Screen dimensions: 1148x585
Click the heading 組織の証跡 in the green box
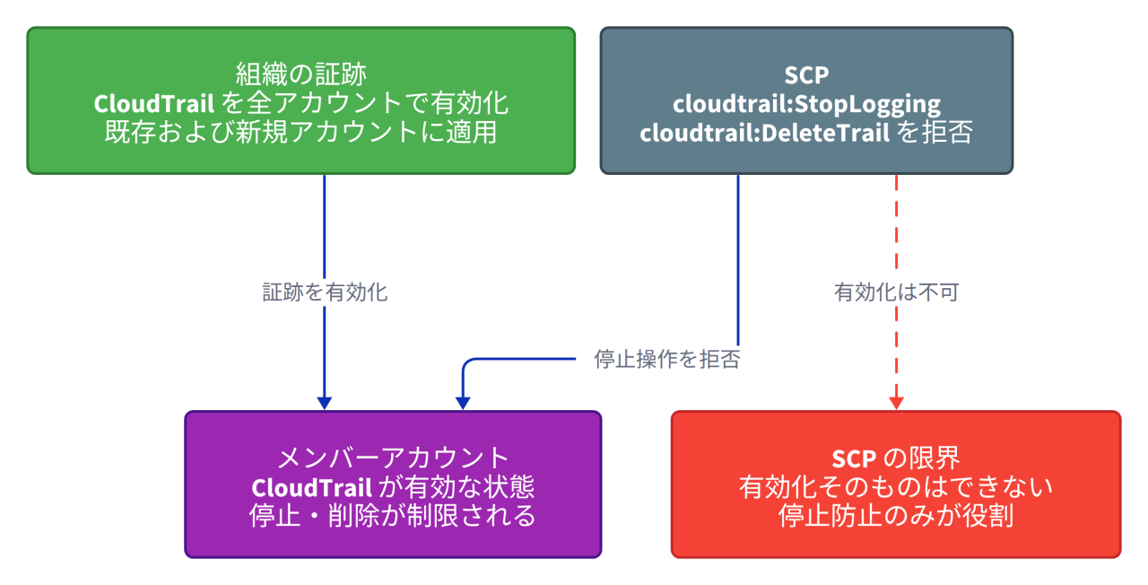[300, 74]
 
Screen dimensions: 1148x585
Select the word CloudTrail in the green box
[153, 103]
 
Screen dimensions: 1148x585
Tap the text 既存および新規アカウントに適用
[300, 132]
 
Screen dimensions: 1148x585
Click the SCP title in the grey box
[806, 75]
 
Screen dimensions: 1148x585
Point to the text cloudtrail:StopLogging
[806, 105]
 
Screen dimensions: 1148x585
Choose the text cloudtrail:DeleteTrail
[764, 134]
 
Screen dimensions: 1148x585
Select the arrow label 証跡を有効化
[325, 292]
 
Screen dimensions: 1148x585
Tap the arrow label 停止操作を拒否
[666, 359]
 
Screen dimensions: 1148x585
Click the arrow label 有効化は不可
[896, 292]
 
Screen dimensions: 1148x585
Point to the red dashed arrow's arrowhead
[896, 404]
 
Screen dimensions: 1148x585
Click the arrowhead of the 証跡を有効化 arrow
[325, 404]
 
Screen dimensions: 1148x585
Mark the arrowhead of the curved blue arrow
[463, 404]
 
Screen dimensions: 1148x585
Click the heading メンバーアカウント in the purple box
[393, 458]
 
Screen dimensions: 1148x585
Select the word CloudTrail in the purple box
[311, 487]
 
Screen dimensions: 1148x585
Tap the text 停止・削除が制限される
[393, 516]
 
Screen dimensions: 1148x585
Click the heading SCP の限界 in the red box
[896, 458]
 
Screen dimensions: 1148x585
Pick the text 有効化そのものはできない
[896, 487]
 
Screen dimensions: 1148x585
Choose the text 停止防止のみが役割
[896, 516]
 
